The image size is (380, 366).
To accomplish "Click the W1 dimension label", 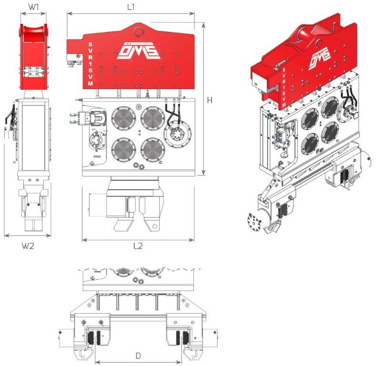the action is tap(33, 7).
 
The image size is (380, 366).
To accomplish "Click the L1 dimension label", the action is tap(131, 7).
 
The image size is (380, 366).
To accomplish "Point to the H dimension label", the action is tap(210, 100).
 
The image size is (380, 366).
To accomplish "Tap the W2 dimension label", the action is tap(28, 246).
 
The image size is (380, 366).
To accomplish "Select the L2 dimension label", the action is tap(138, 246).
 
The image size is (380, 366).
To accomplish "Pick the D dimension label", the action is tap(138, 356).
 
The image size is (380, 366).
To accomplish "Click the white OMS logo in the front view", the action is tap(138, 51).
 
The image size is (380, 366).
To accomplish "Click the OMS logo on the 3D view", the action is tap(320, 58).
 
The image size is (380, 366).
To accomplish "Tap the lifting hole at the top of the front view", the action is tap(139, 31).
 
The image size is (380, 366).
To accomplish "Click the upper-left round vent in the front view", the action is tap(124, 118).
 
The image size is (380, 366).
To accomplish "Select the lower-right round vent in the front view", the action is tap(153, 150).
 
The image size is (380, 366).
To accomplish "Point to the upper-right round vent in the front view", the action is tap(153, 118).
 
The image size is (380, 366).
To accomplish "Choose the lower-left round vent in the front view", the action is tap(124, 150).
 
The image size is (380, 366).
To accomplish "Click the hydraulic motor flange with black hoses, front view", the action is tap(178, 133).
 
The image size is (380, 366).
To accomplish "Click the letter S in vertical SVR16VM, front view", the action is tap(90, 44).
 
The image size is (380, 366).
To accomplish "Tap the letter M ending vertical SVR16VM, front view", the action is tap(90, 83).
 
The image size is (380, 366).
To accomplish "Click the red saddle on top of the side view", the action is tap(33, 31).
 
